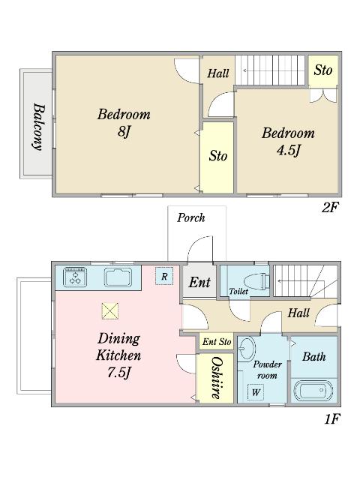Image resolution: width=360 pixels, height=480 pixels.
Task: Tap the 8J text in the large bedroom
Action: [x=124, y=132]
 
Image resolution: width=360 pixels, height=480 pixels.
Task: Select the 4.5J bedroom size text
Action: [x=288, y=150]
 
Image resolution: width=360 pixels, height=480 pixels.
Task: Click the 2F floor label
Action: [x=330, y=208]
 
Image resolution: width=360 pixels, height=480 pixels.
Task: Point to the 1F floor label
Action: [x=332, y=418]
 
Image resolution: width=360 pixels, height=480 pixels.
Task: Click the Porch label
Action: [x=191, y=217]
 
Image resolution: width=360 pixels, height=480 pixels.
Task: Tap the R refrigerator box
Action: [x=164, y=276]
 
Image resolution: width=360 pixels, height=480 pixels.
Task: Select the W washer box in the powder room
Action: [x=256, y=391]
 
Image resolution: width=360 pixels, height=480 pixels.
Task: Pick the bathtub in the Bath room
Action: [x=313, y=391]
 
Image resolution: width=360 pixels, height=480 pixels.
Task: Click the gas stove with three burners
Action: [x=75, y=277]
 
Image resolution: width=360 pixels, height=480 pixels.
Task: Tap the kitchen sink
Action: [x=118, y=277]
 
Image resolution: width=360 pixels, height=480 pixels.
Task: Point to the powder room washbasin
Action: [x=247, y=348]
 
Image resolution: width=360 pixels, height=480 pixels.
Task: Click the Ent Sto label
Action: [x=217, y=341]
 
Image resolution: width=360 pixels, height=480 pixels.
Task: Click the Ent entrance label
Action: [x=199, y=282]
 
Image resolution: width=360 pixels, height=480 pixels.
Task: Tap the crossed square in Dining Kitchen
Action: [x=110, y=311]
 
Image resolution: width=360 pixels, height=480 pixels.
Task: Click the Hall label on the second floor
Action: [x=218, y=73]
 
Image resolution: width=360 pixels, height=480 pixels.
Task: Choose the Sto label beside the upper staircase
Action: [x=323, y=70]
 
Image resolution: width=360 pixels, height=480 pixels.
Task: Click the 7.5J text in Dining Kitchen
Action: [x=119, y=372]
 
